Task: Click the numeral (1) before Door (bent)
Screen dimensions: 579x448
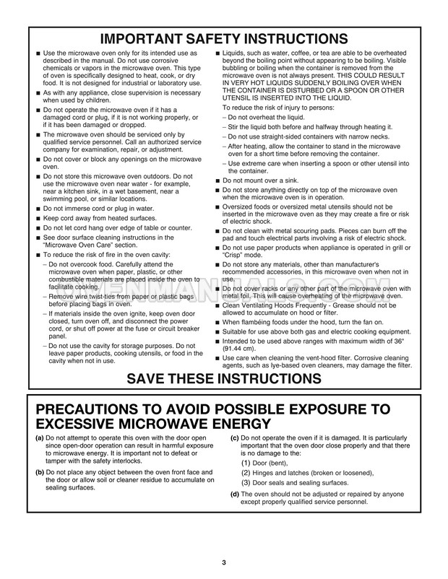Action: click(x=246, y=463)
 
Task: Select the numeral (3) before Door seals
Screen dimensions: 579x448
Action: click(x=246, y=482)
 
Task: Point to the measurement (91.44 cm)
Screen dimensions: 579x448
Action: click(x=244, y=347)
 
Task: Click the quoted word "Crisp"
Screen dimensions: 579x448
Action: click(x=236, y=256)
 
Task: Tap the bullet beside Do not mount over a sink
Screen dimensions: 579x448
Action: click(x=217, y=180)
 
